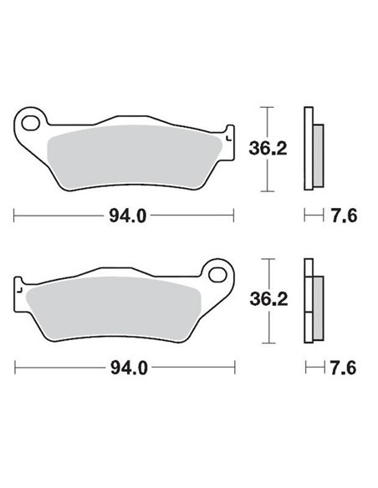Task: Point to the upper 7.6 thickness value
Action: click(x=346, y=216)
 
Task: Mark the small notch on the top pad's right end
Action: click(x=228, y=134)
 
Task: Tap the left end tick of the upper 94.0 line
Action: click(x=16, y=216)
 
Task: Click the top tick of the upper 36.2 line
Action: click(x=266, y=108)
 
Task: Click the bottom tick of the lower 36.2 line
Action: click(x=266, y=343)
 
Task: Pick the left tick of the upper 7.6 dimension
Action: click(x=305, y=216)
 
